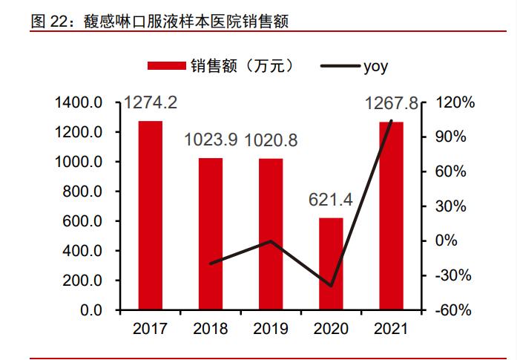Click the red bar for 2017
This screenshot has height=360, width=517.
[x=151, y=215]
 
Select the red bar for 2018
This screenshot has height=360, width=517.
[x=211, y=234]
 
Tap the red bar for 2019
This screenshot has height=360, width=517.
[x=271, y=234]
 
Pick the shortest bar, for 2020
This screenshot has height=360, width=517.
[x=331, y=264]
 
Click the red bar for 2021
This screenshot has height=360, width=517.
[x=391, y=215]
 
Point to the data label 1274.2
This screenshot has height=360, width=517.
[x=151, y=103]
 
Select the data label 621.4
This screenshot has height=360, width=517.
[x=331, y=200]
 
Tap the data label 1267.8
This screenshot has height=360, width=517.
[x=392, y=103]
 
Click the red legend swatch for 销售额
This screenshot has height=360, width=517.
[x=166, y=66]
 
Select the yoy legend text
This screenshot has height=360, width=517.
[x=375, y=66]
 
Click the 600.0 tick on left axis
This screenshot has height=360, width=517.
[x=84, y=221]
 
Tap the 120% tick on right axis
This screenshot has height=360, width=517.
[x=450, y=102]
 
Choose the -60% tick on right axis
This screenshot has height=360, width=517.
[x=451, y=310]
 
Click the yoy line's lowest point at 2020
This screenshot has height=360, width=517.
[x=331, y=286]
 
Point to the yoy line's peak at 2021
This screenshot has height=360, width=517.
[x=391, y=120]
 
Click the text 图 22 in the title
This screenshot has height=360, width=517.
[x=45, y=22]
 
